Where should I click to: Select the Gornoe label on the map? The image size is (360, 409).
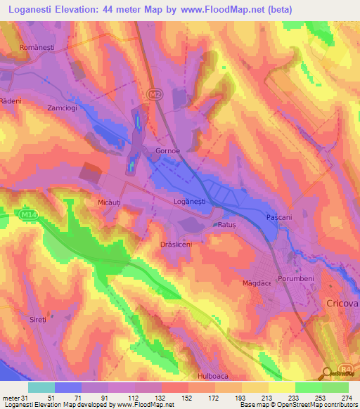167,151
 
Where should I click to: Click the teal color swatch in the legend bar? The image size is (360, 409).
41,387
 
